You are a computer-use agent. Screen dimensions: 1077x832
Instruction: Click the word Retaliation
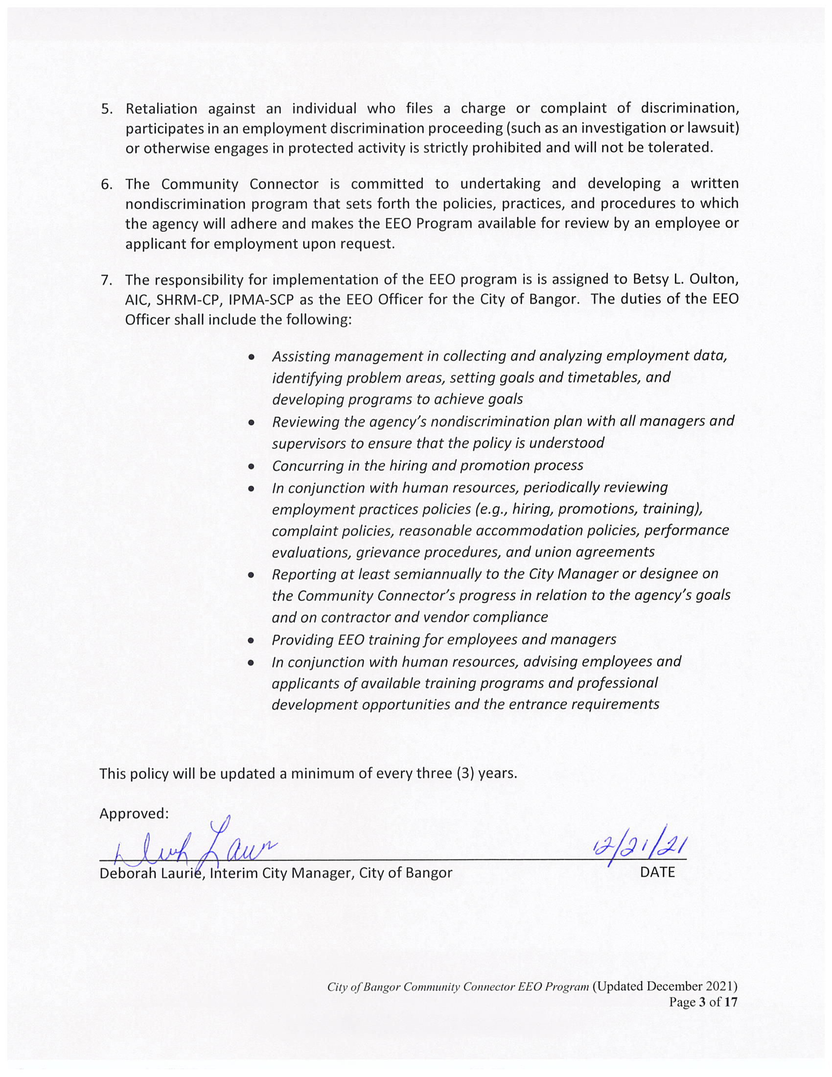click(161, 109)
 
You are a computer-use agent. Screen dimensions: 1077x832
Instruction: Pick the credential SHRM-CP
click(188, 300)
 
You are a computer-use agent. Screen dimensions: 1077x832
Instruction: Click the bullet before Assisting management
click(252, 356)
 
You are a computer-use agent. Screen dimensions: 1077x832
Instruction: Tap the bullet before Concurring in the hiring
click(252, 466)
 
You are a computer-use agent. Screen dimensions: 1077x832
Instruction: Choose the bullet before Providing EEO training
click(252, 641)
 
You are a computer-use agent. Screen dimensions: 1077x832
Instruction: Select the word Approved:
click(134, 814)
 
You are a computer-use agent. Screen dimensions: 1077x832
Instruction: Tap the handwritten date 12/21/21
click(641, 846)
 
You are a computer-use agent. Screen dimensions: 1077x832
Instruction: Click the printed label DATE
click(657, 872)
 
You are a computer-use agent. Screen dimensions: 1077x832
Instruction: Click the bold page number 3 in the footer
click(702, 1003)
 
